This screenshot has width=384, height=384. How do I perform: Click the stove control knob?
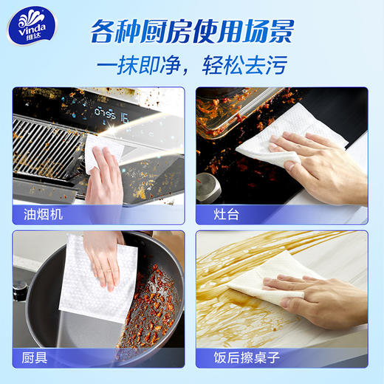[x=209, y=188]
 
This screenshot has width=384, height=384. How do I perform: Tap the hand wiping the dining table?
[x=325, y=295]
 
